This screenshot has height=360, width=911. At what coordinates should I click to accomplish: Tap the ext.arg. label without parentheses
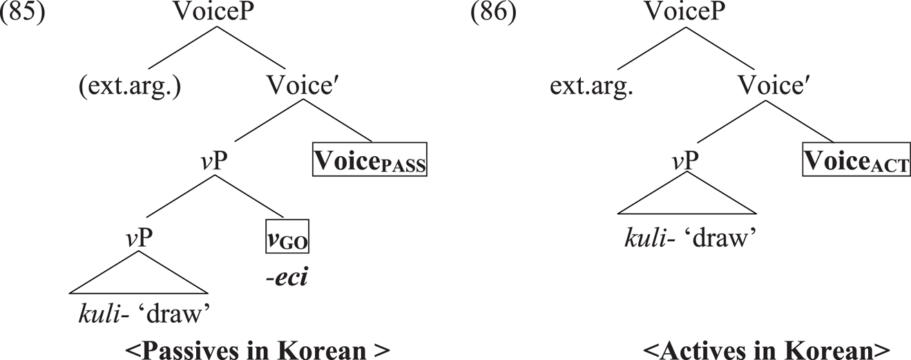click(592, 88)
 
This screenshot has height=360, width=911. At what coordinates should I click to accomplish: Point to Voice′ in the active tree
click(768, 88)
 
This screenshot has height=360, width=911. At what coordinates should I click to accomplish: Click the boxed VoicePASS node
click(369, 160)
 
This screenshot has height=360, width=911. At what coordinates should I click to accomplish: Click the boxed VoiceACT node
click(856, 160)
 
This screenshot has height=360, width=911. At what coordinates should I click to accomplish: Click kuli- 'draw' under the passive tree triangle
click(144, 314)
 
